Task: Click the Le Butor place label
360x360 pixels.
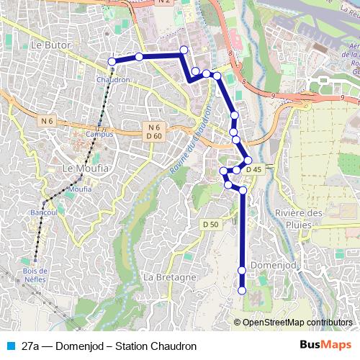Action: pos(49,45)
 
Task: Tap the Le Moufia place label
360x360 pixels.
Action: pos(80,168)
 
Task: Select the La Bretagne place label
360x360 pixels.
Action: pos(170,277)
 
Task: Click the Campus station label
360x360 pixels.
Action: pos(99,134)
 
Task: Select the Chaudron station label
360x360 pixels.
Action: pos(112,80)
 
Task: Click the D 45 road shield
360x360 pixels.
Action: pos(253,169)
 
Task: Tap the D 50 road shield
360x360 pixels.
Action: pos(210,225)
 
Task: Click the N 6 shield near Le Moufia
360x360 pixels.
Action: pos(48,121)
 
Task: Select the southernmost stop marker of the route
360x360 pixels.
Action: pos(242,290)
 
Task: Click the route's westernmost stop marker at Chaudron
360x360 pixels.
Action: pos(112,61)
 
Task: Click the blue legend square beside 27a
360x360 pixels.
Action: pos(9,346)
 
